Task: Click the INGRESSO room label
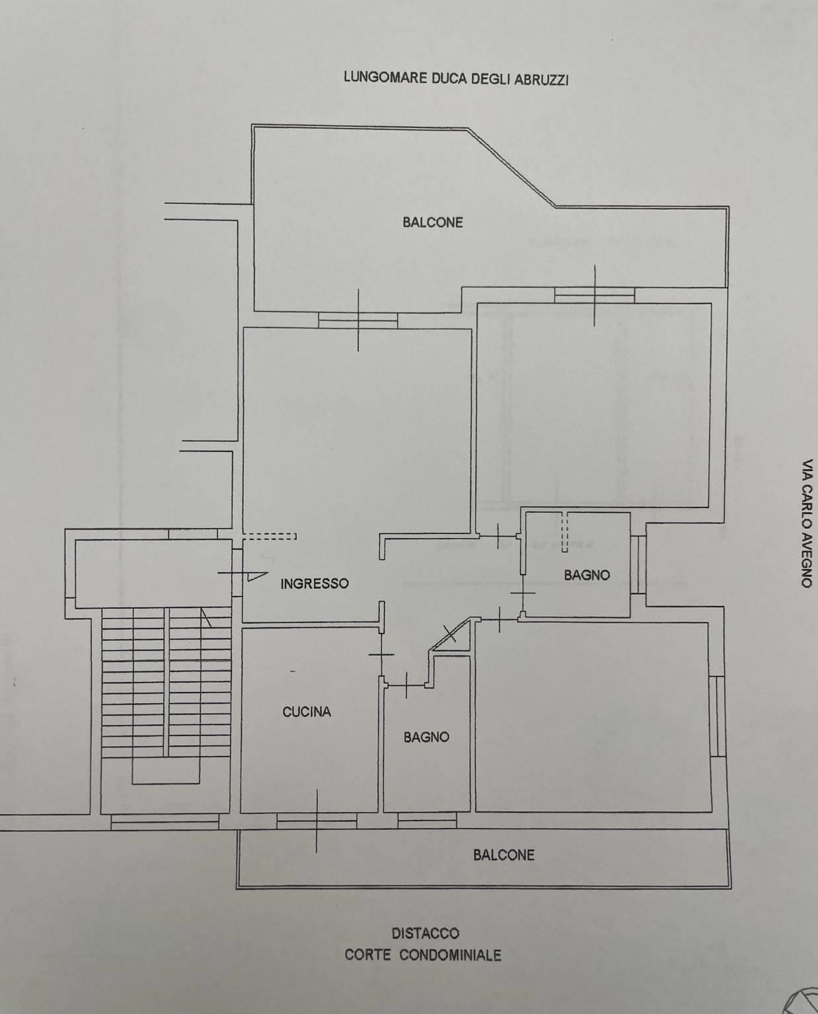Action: (x=314, y=584)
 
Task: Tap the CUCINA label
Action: (x=307, y=712)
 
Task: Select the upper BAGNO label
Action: (x=587, y=575)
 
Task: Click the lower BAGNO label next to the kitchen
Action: (x=426, y=737)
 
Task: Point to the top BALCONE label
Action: (x=433, y=222)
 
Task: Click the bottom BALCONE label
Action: (x=504, y=855)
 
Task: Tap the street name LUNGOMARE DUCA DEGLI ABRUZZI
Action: (x=456, y=78)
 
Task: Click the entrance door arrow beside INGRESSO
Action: (x=258, y=576)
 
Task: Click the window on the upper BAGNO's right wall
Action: (x=638, y=564)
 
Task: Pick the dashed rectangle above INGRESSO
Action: (x=270, y=536)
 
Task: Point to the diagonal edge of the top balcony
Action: (x=511, y=167)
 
